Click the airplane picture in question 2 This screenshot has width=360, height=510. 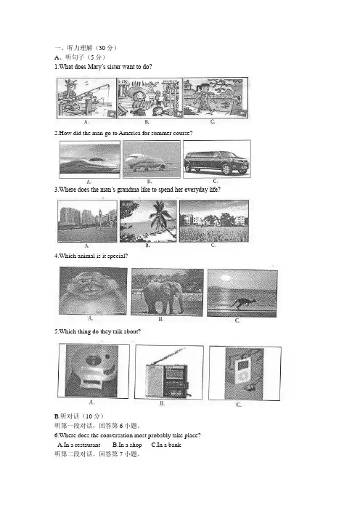pyautogui.click(x=152, y=159)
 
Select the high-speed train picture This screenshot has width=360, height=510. pyautogui.click(x=90, y=159)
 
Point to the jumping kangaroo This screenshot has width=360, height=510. pyautogui.click(x=242, y=303)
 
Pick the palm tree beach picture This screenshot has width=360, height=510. pyautogui.click(x=148, y=221)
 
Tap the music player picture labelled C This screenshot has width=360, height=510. pyautogui.click(x=245, y=373)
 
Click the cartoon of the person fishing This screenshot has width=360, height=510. pyautogui.click(x=86, y=98)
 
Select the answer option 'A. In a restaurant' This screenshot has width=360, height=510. pyautogui.click(x=79, y=445)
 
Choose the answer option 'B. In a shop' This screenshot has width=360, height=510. pyautogui.click(x=127, y=445)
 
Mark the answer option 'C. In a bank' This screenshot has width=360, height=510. pyautogui.click(x=166, y=445)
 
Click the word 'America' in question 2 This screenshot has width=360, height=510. pyautogui.click(x=130, y=133)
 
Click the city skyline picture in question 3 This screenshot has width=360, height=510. pyautogui.click(x=87, y=221)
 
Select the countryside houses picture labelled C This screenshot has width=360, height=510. pyautogui.click(x=214, y=221)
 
